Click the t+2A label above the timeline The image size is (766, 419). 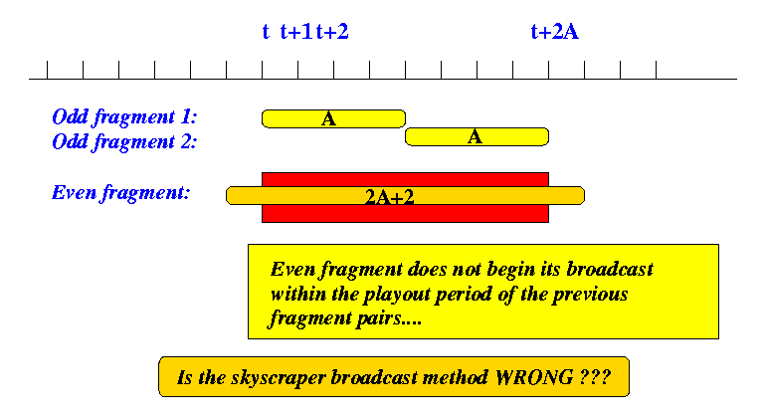554,32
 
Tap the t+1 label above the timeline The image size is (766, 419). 296,32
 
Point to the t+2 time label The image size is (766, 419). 332,32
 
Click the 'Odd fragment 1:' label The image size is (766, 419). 124,117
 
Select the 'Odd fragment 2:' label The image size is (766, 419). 124,142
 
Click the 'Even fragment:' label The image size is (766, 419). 120,193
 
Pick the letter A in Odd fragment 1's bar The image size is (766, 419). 328,118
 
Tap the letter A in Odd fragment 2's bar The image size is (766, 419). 475,137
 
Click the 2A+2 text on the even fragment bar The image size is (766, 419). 389,197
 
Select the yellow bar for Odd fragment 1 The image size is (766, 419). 333,118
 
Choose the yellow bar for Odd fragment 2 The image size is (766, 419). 478,137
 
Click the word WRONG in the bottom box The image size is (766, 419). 534,377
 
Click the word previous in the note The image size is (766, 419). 590,295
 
